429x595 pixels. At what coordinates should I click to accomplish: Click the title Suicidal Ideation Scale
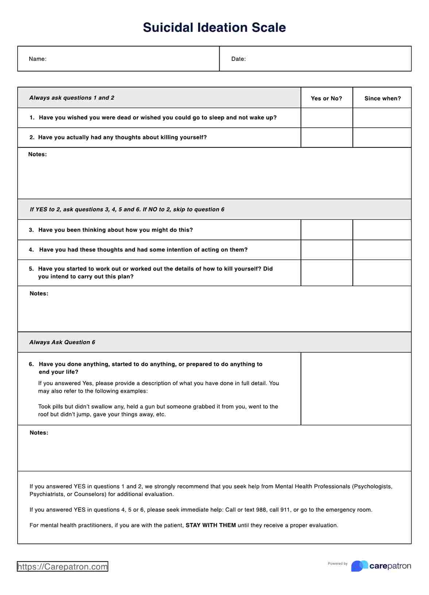pyautogui.click(x=214, y=28)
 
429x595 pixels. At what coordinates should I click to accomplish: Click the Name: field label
pyautogui.click(x=38, y=59)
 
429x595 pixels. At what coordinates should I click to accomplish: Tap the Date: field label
pyautogui.click(x=238, y=59)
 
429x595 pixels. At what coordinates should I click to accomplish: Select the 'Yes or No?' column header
pyautogui.click(x=326, y=99)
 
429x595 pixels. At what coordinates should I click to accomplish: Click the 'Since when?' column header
pyautogui.click(x=382, y=99)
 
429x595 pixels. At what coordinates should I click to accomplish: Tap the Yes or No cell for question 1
pyautogui.click(x=326, y=118)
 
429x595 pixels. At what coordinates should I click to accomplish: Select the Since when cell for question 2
pyautogui.click(x=382, y=138)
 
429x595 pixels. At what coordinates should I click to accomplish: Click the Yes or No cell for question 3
pyautogui.click(x=326, y=230)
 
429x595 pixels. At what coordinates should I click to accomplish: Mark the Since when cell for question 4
pyautogui.click(x=382, y=250)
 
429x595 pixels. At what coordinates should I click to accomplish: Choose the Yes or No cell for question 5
pyautogui.click(x=326, y=273)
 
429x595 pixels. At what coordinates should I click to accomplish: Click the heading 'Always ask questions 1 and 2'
pyautogui.click(x=72, y=98)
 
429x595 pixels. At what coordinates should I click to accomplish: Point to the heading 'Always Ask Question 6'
pyautogui.click(x=62, y=342)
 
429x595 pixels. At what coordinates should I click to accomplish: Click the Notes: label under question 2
pyautogui.click(x=38, y=154)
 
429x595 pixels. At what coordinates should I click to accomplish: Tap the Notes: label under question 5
pyautogui.click(x=39, y=293)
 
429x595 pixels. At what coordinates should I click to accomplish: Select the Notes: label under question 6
pyautogui.click(x=39, y=433)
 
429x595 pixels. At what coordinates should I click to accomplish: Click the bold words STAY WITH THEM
pyautogui.click(x=211, y=525)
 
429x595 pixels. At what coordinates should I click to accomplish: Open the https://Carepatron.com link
pyautogui.click(x=62, y=567)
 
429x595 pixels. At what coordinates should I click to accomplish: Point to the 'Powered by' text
pyautogui.click(x=337, y=564)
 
